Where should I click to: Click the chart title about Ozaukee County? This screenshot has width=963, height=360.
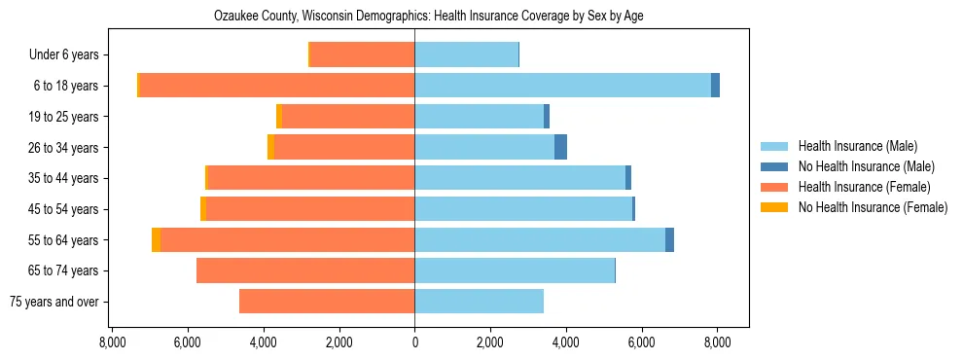pos(428,17)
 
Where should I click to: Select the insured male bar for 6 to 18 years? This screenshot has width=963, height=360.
pos(562,86)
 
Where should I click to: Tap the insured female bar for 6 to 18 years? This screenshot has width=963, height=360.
pos(277,86)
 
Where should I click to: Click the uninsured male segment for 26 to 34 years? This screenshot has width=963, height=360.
pos(560,147)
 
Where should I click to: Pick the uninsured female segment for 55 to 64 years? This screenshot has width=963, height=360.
pos(157,239)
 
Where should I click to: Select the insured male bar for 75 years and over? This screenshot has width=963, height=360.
pos(479,302)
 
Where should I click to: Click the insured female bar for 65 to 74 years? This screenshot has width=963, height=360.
pos(305,270)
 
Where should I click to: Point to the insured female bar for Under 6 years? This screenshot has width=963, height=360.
pos(362,54)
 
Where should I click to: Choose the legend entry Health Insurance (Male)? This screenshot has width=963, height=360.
pos(857,146)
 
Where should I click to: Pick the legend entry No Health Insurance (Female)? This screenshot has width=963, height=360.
pos(873,207)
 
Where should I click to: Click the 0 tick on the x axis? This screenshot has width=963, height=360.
pos(414,342)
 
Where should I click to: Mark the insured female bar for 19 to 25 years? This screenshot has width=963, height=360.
pos(347,117)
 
